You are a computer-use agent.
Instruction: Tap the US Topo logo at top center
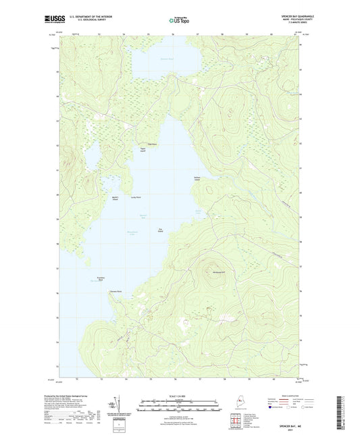coord(179,20)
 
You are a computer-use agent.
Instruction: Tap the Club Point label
coord(153,144)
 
